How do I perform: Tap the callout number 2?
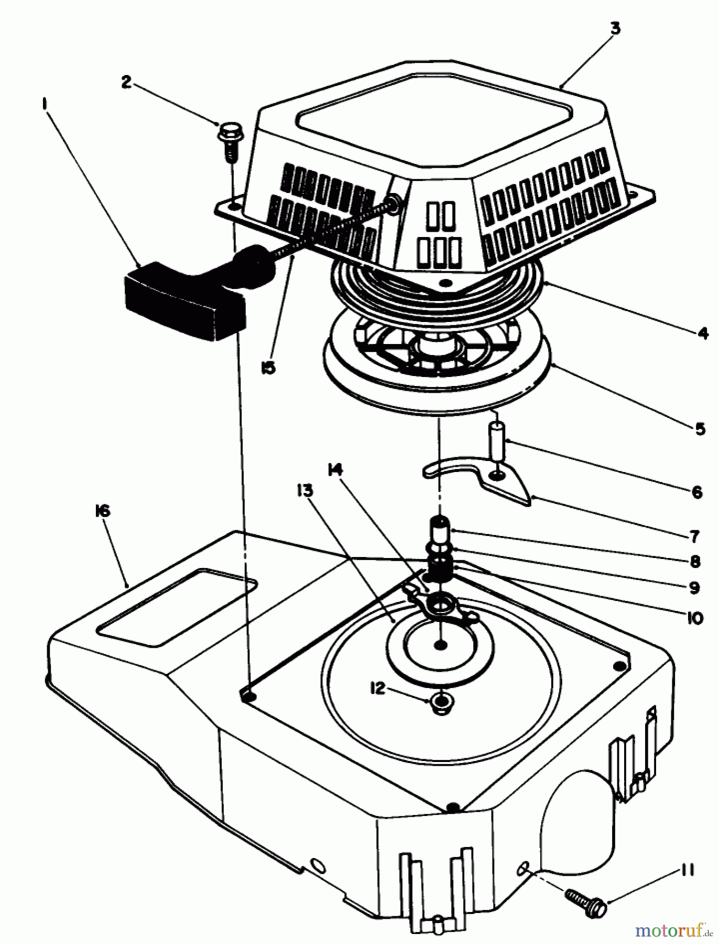pos(126,82)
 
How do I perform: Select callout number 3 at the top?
pos(615,29)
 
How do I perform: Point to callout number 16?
pos(103,511)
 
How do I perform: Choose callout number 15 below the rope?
pos(268,368)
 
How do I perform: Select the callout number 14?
pos(335,470)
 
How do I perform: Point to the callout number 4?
pos(703,332)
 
